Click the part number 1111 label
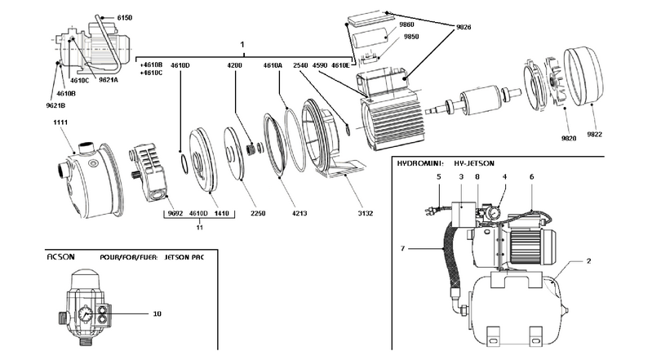[x=60, y=122]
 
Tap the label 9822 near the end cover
[x=594, y=135]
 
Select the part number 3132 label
[x=366, y=213]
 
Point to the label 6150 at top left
[x=124, y=18]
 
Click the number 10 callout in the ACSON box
[x=157, y=313]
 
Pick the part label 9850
[x=411, y=37]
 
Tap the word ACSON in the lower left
[x=60, y=256]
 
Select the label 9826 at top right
[x=464, y=27]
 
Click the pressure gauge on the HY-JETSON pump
[x=494, y=210]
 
